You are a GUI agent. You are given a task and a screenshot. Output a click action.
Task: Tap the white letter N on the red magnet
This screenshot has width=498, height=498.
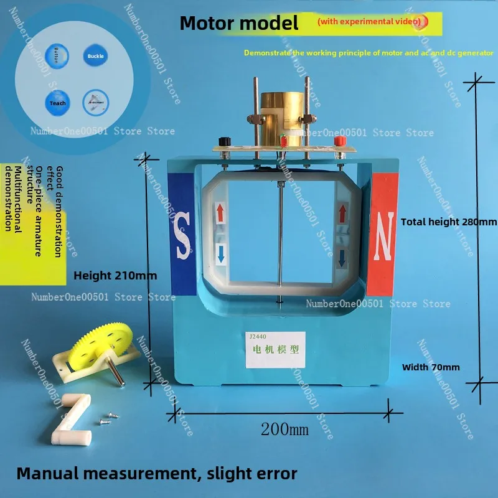(x=384, y=235)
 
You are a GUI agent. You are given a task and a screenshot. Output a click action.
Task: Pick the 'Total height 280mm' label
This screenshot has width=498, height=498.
(x=448, y=222)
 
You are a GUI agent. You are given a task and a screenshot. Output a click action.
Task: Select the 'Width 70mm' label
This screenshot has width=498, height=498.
(x=431, y=367)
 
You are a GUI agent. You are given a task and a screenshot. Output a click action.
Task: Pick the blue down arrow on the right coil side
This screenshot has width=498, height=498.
(x=341, y=257)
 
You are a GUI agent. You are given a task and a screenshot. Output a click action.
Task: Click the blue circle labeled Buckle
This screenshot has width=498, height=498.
(x=96, y=55)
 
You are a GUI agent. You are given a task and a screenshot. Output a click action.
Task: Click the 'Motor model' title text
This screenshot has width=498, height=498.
(x=239, y=24)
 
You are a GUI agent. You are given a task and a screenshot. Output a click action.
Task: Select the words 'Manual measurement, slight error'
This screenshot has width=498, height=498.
(x=156, y=472)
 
